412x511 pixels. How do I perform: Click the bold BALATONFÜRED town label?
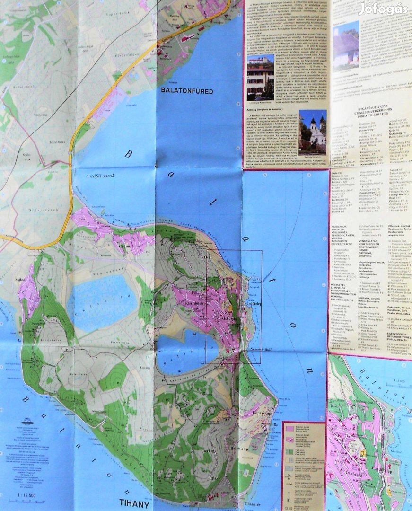[x=186, y=91]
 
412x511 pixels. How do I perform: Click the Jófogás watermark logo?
[x=383, y=8]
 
